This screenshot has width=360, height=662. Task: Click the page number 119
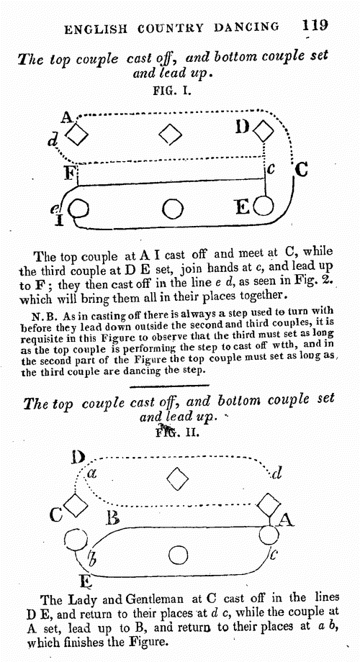coord(315,25)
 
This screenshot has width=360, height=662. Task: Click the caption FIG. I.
coord(172,91)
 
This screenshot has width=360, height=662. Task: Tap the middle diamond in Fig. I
coord(171,135)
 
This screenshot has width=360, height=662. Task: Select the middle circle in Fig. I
coord(172,209)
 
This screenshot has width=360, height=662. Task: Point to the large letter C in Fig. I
coord(300,170)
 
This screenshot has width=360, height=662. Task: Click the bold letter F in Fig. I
coord(69,173)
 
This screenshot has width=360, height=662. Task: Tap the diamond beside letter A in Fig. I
coord(77,135)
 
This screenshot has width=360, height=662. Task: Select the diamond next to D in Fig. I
coord(264,131)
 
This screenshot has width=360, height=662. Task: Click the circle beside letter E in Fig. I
coord(264,207)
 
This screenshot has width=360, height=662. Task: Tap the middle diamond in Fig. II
coord(177,479)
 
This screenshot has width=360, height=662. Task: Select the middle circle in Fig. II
coord(178,556)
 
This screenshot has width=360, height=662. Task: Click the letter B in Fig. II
coord(112,517)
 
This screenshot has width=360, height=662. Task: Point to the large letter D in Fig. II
coord(78,457)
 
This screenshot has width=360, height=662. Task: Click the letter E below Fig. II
coord(86,582)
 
